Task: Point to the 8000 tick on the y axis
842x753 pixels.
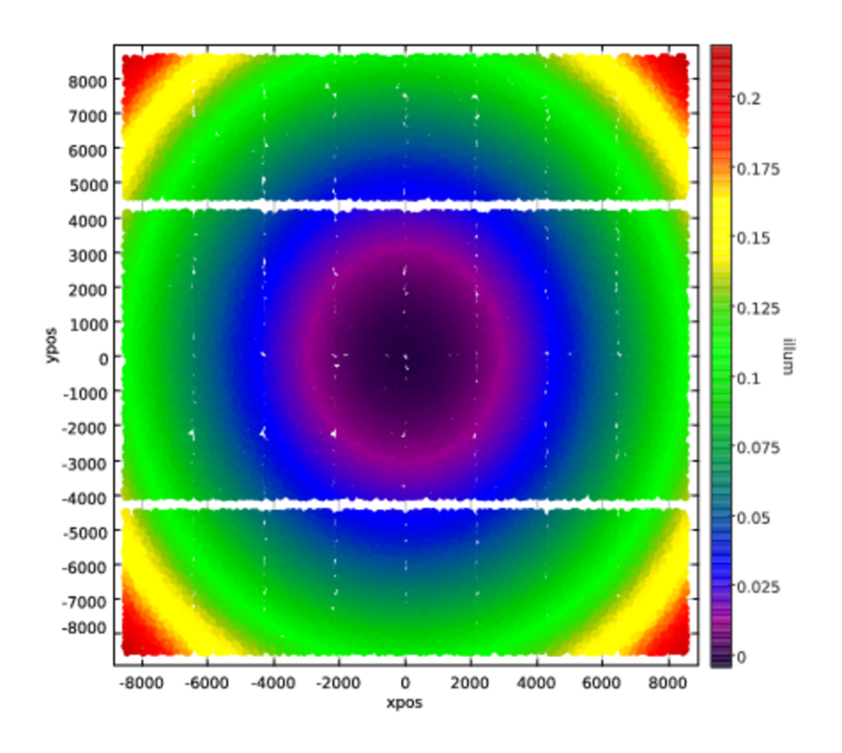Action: [86, 80]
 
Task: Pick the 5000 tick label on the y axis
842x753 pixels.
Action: [86, 184]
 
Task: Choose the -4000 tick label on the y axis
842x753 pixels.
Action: [83, 496]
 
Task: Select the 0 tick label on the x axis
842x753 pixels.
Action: [405, 684]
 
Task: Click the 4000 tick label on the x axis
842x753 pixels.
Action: [537, 684]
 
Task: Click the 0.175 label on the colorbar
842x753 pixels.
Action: [758, 168]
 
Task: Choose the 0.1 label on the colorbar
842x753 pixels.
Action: [751, 378]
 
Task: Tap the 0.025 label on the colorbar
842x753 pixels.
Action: [758, 587]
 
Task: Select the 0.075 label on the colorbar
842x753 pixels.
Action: [758, 448]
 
